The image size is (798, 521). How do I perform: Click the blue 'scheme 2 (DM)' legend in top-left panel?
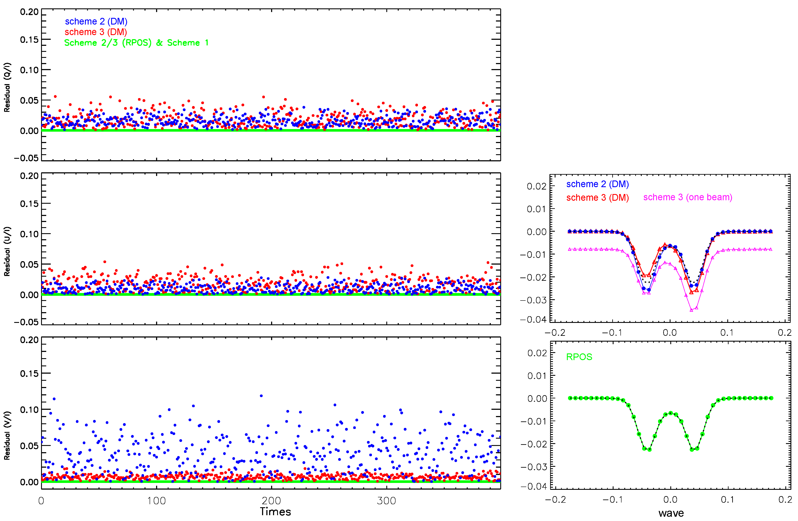click(x=96, y=22)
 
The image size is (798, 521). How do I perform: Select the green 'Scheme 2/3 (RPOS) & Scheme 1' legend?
click(x=136, y=43)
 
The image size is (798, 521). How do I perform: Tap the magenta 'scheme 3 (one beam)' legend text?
click(x=687, y=197)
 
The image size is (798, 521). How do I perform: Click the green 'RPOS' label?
click(x=579, y=357)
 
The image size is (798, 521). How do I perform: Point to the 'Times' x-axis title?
click(x=275, y=512)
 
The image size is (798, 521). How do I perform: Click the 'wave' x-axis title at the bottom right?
click(x=671, y=513)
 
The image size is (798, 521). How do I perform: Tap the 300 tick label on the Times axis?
click(x=386, y=501)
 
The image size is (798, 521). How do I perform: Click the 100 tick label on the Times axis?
click(x=156, y=501)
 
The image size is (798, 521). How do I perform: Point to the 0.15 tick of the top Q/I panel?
click(x=29, y=40)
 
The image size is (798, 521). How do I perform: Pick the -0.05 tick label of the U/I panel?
click(x=26, y=322)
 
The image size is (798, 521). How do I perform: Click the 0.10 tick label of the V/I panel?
click(x=29, y=410)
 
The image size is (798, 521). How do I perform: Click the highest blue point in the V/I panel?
click(x=261, y=396)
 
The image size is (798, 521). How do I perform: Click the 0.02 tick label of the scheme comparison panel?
click(x=536, y=187)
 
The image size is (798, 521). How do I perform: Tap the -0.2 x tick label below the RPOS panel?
click(x=555, y=500)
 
